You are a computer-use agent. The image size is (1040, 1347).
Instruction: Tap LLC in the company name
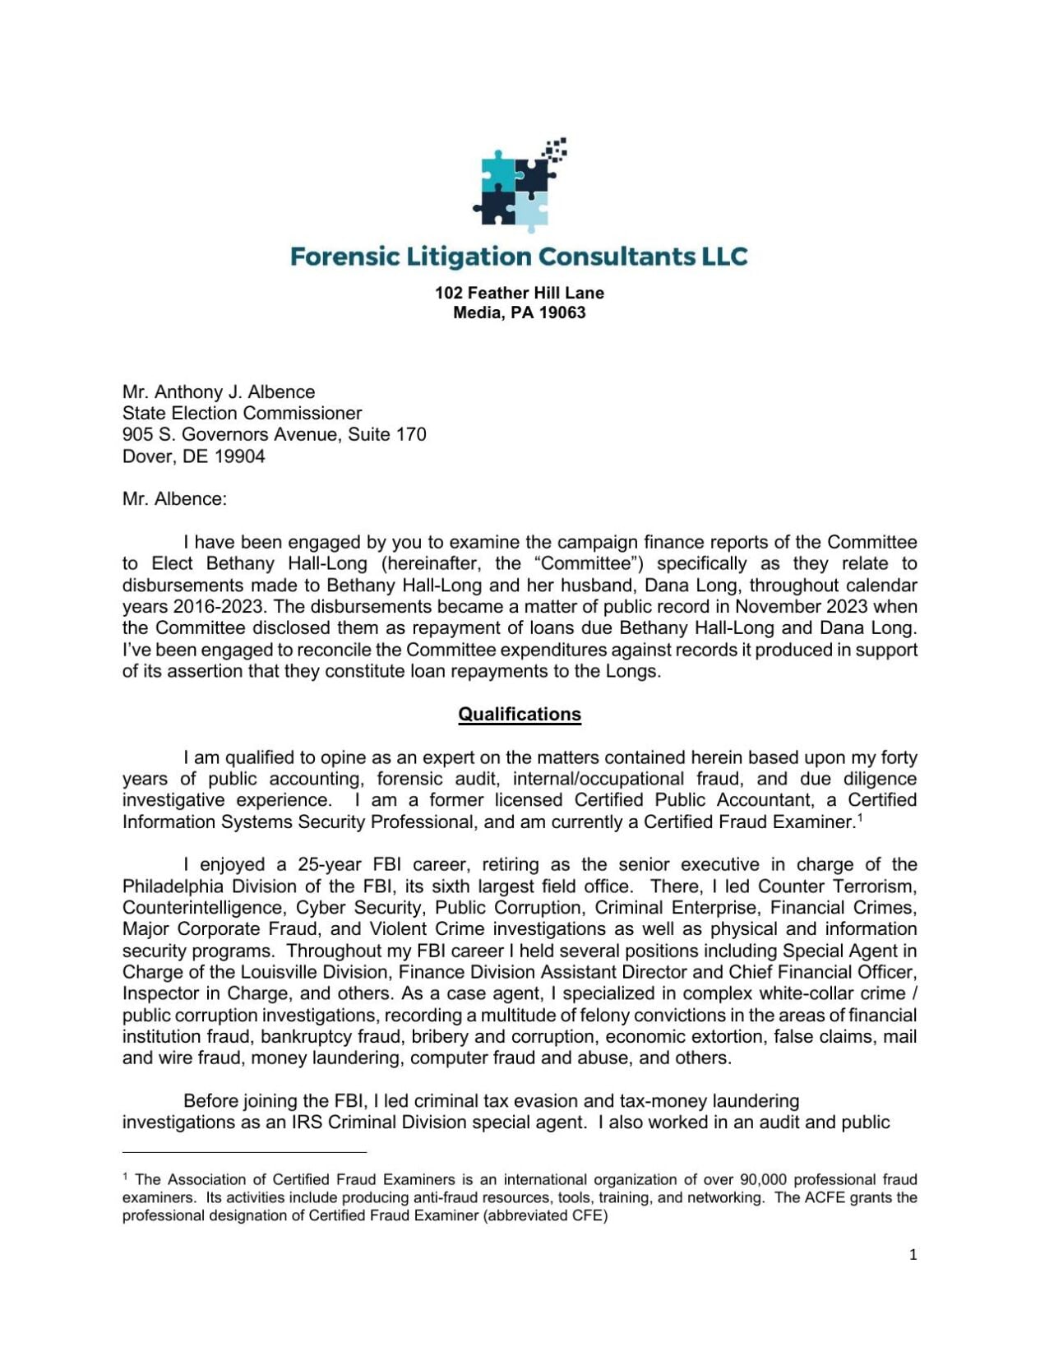point(724,257)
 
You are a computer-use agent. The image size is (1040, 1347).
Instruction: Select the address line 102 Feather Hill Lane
point(519,293)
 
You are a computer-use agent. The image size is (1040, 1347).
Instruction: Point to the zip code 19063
point(562,312)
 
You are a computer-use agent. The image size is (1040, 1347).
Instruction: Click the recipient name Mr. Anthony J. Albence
point(218,391)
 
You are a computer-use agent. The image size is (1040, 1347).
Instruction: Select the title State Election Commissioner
point(242,413)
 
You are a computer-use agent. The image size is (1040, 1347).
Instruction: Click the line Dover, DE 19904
point(193,456)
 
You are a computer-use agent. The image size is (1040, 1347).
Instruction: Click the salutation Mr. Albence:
point(174,499)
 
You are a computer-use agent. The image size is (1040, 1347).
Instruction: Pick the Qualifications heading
point(519,714)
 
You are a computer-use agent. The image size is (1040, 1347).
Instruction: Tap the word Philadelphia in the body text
point(173,886)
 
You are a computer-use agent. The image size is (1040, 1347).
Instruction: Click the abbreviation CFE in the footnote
point(588,1215)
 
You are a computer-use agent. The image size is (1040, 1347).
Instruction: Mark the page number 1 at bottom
point(913,1255)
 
